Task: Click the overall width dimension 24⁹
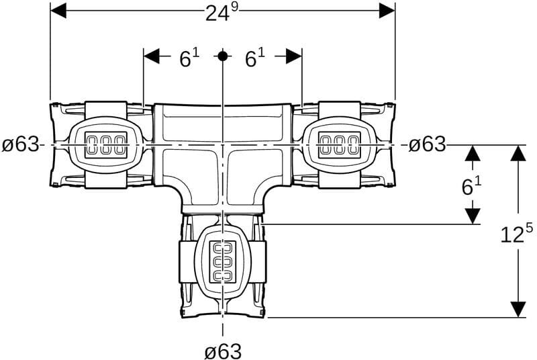(222, 13)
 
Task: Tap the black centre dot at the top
(223, 56)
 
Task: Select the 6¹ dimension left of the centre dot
(189, 58)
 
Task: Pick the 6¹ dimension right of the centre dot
(255, 58)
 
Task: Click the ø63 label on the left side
(21, 144)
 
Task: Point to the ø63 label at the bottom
(223, 351)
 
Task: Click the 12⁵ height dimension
(517, 233)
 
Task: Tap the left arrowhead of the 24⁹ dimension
(58, 11)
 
